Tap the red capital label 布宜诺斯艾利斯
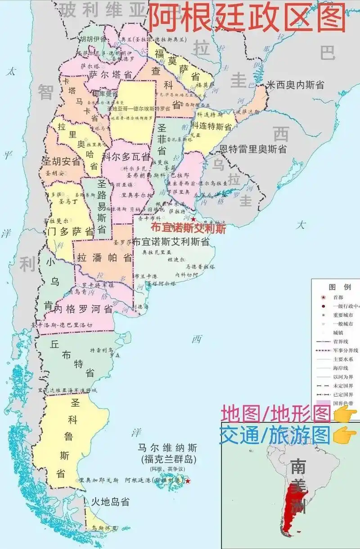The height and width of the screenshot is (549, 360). (188, 228)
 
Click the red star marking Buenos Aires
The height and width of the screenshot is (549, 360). (193, 219)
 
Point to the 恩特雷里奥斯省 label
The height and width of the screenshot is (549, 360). (253, 149)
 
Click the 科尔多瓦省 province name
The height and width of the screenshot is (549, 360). (126, 157)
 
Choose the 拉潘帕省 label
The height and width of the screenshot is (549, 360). (104, 258)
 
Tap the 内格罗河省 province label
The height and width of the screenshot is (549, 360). (83, 309)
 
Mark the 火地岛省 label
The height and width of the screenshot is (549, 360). (110, 501)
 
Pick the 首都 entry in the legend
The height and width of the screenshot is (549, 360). (338, 297)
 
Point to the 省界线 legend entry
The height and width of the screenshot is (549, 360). (340, 341)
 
